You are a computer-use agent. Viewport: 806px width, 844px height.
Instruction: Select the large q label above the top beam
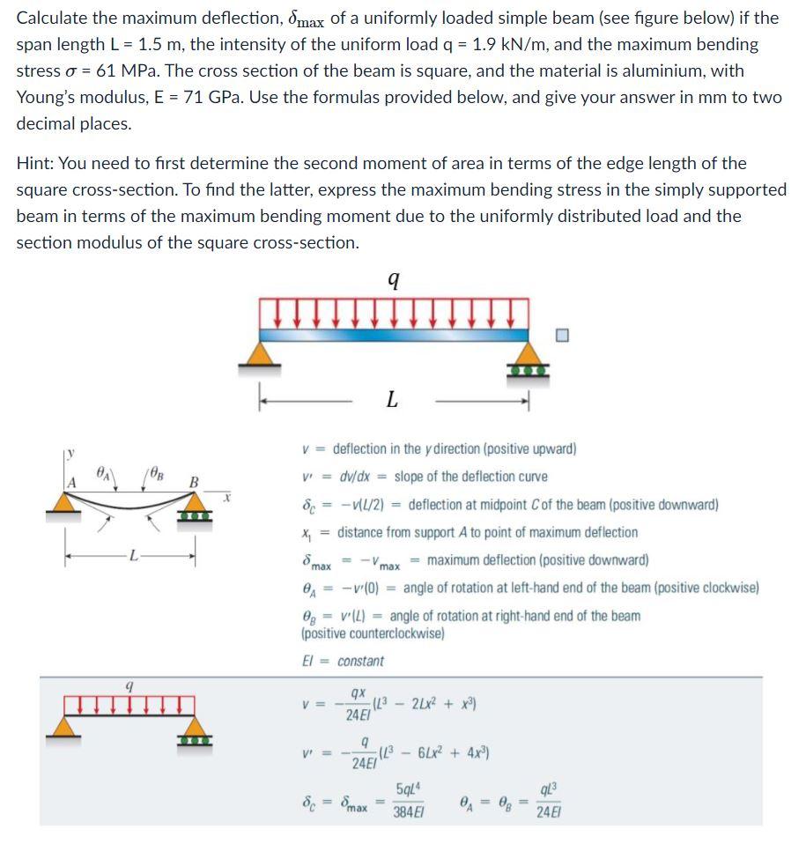pos(393,280)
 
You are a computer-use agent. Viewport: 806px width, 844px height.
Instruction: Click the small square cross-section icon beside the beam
pos(564,334)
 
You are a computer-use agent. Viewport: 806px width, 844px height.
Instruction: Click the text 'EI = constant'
pos(343,661)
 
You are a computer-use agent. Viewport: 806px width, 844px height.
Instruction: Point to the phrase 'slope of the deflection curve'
pos(470,477)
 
